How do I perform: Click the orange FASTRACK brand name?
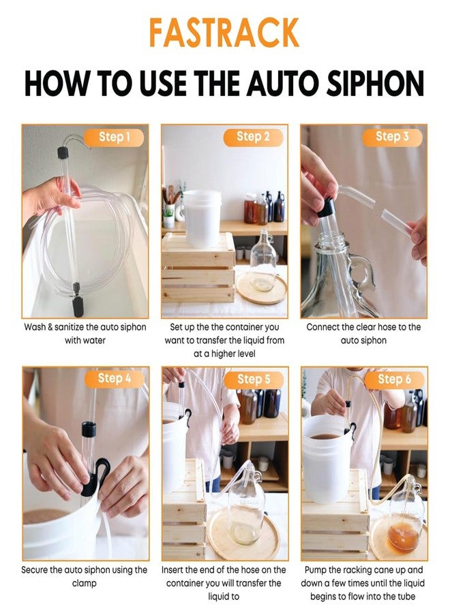(224, 32)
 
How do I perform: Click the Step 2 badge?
(254, 137)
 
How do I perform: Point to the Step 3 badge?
(392, 137)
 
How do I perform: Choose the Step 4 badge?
(115, 379)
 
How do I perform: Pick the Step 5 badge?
(254, 379)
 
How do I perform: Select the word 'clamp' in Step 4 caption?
(84, 583)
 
